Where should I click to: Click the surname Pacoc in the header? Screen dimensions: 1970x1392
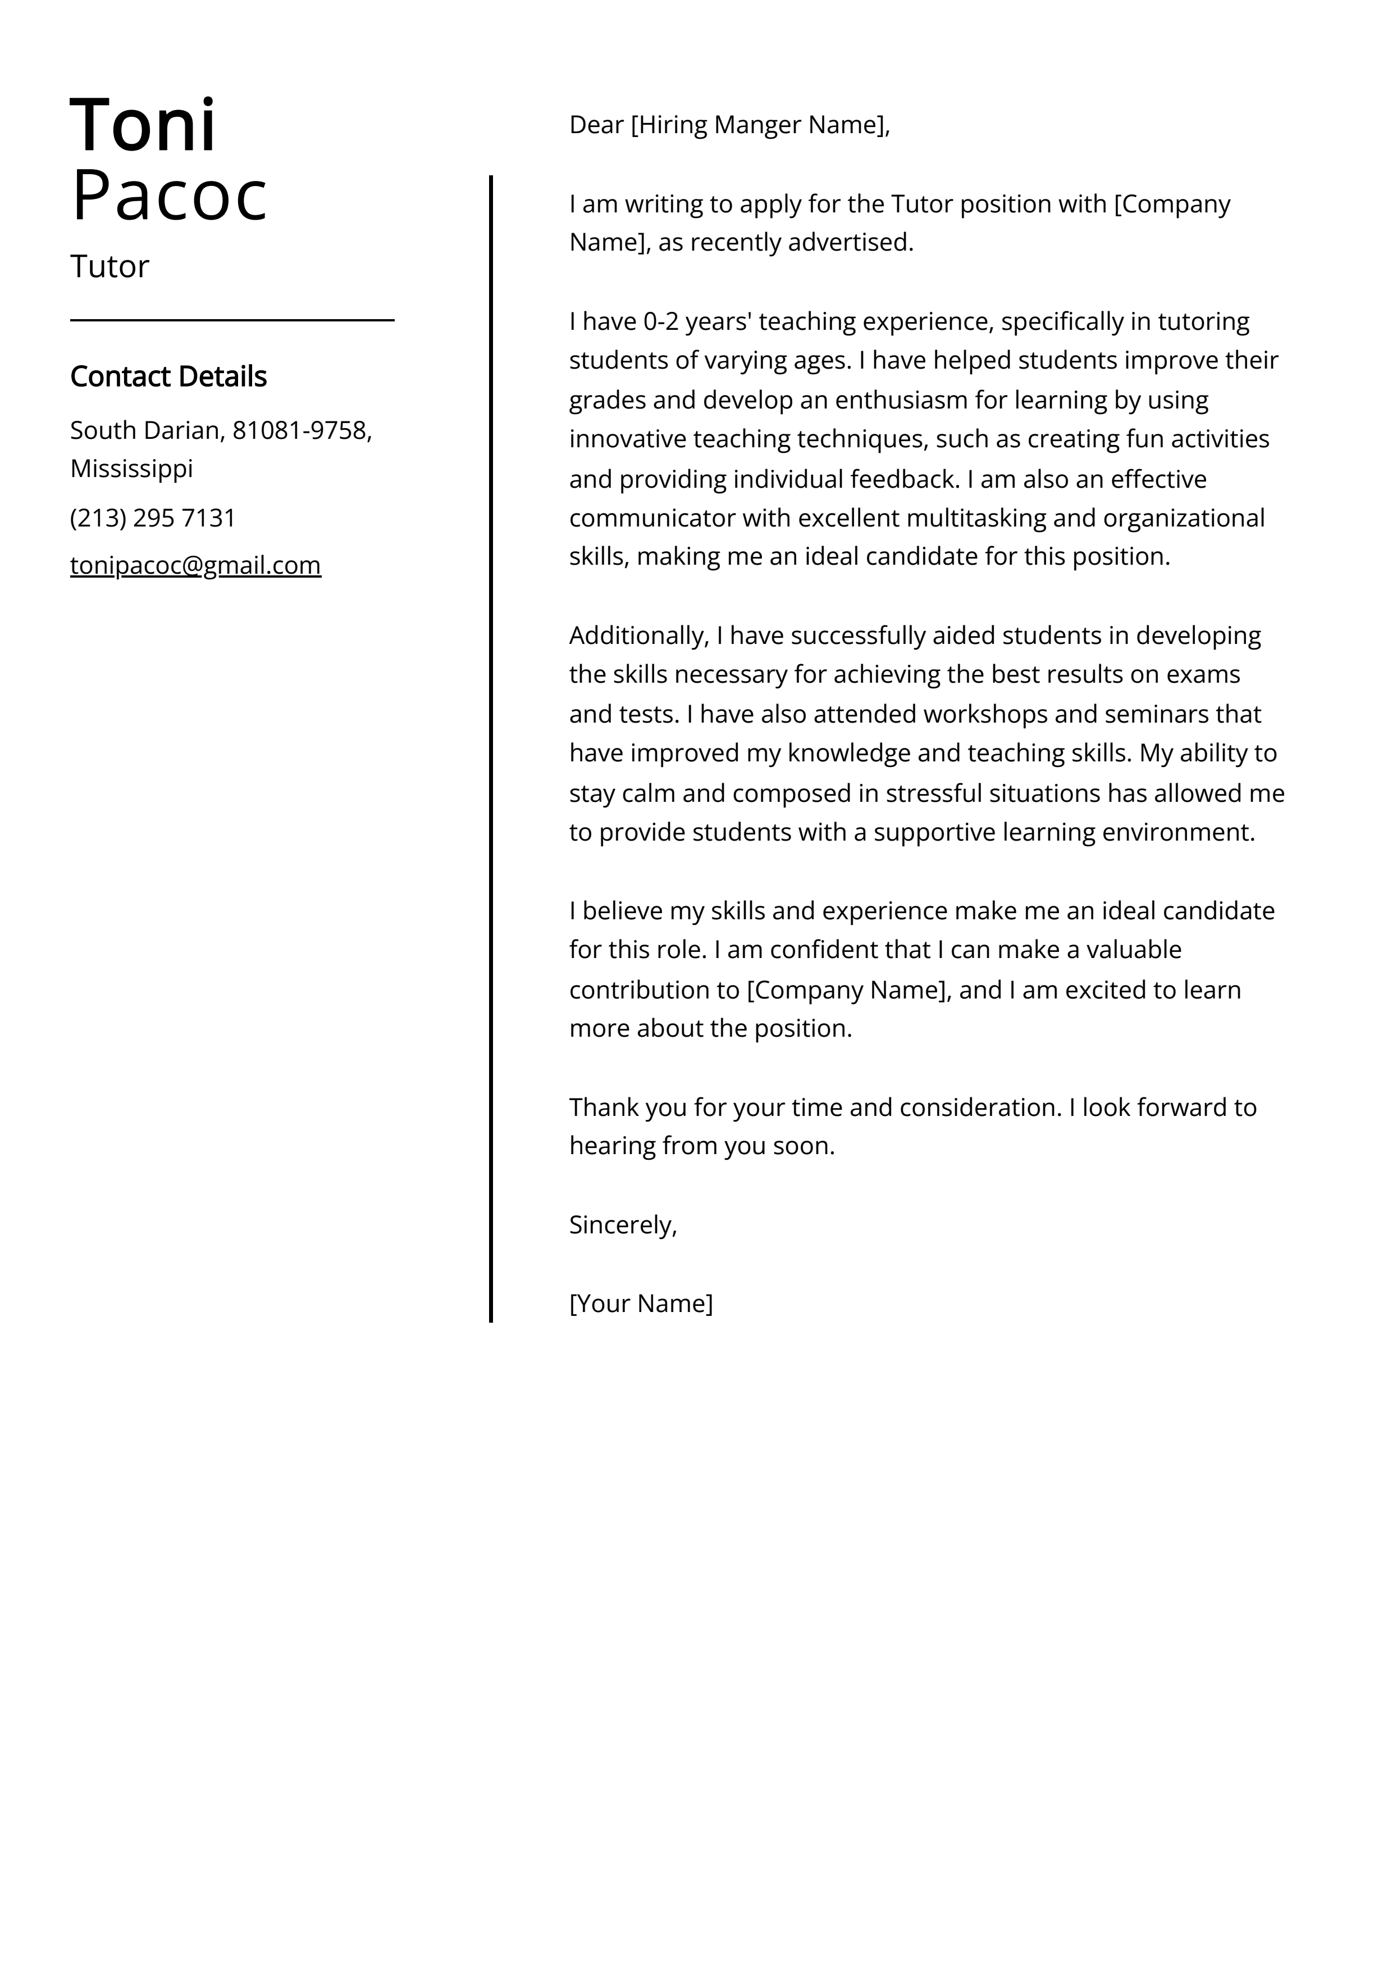pos(169,197)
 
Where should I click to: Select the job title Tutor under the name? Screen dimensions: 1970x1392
pos(110,267)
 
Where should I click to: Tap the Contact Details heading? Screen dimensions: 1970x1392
pos(168,376)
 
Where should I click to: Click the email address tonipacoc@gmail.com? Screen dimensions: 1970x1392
pos(195,565)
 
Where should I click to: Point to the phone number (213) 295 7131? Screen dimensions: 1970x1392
pos(153,518)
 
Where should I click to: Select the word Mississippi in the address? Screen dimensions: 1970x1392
pos(131,469)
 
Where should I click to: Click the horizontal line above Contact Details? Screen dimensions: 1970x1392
pos(231,320)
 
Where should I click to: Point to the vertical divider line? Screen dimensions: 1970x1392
pos(491,746)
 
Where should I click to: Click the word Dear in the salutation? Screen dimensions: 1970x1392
pos(596,125)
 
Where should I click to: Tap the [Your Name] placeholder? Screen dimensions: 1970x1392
pos(641,1304)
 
